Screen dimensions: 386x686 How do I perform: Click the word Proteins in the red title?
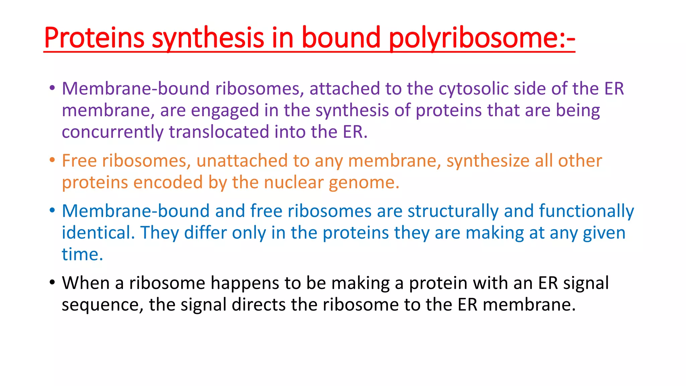click(x=94, y=38)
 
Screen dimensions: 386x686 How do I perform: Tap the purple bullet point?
click(x=52, y=88)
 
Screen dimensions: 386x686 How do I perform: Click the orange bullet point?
click(x=52, y=160)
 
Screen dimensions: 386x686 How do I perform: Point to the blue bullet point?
click(x=52, y=211)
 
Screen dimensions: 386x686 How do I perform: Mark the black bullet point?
click(x=52, y=283)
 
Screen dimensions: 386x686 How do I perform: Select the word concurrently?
click(x=113, y=132)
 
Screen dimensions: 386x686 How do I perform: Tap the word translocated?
click(x=219, y=132)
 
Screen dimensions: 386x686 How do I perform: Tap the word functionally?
click(x=586, y=211)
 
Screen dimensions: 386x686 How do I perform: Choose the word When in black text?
click(x=86, y=283)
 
